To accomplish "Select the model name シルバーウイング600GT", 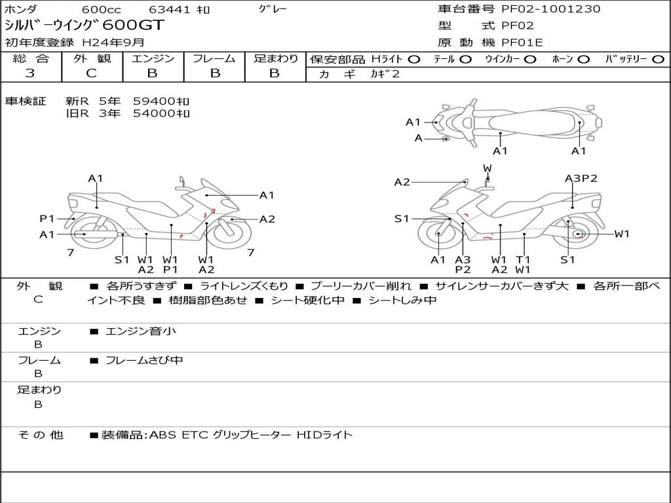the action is (85, 26).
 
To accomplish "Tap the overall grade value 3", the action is (30, 73).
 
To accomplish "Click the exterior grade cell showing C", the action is (91, 73).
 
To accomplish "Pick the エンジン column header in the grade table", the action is (152, 58).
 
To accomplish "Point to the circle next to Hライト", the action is (413, 59).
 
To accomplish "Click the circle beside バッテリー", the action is (658, 59).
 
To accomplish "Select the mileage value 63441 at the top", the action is (169, 10).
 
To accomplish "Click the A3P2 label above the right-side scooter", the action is (581, 178).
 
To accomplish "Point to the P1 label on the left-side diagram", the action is (47, 219).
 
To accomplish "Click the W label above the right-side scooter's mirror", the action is (487, 169).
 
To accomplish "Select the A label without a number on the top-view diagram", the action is (419, 138).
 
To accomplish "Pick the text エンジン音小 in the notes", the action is (140, 331).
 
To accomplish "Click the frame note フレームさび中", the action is (144, 360).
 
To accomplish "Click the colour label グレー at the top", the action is (273, 9).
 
